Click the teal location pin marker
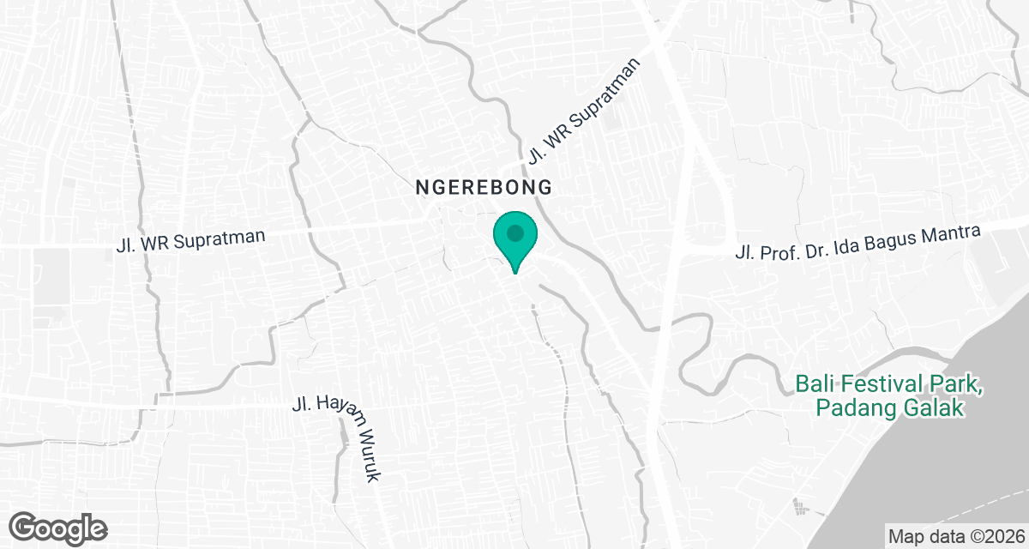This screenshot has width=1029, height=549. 514,238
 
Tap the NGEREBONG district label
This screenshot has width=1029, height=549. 482,186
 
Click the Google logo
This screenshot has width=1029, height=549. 58,527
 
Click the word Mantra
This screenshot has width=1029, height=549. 950,237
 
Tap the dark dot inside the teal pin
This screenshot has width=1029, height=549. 514,232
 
